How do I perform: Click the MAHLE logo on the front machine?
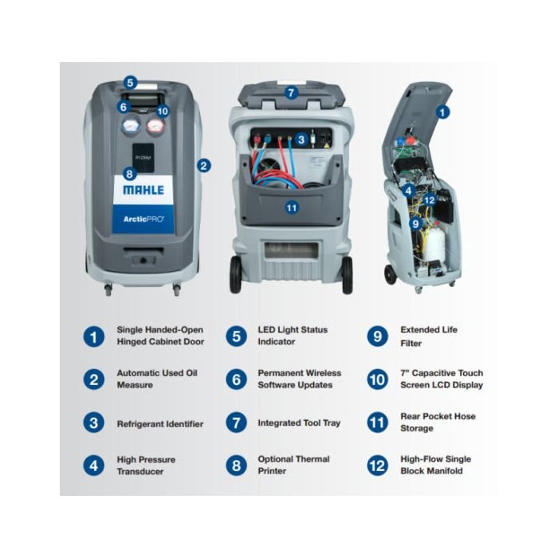pos(144,191)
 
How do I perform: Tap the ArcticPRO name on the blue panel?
pos(144,218)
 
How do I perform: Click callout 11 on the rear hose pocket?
pos(292,206)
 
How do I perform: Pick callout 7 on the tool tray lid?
pos(291,92)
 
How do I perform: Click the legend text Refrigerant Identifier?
pos(159,424)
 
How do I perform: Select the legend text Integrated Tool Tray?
pos(299,423)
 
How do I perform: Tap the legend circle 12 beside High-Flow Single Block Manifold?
pos(378,466)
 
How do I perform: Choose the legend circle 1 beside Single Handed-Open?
pos(94,336)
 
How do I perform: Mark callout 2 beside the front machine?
pos(204,166)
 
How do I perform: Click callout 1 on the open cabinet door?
pos(444,112)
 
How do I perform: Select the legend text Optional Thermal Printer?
pos(293,466)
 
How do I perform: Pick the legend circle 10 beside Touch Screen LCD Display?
pos(378,379)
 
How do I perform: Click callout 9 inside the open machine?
pos(415,224)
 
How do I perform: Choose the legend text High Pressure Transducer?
pos(146,466)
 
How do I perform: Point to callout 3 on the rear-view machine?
pos(301,139)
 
